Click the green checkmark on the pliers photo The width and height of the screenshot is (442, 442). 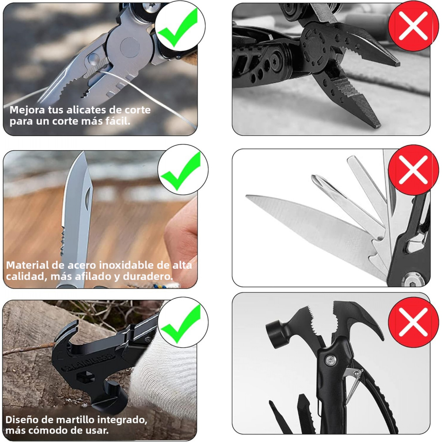(177, 27)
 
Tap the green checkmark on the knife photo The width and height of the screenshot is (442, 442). (180, 171)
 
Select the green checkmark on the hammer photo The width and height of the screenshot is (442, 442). (180, 324)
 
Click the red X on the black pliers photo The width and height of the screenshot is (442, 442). (413, 26)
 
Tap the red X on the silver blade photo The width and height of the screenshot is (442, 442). (413, 170)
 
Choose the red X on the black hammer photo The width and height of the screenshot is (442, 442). (413, 322)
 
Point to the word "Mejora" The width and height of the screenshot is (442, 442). (27, 110)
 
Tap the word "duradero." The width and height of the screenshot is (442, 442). (148, 276)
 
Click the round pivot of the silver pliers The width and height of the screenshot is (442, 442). (130, 47)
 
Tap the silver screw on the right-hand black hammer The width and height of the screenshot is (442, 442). (330, 360)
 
